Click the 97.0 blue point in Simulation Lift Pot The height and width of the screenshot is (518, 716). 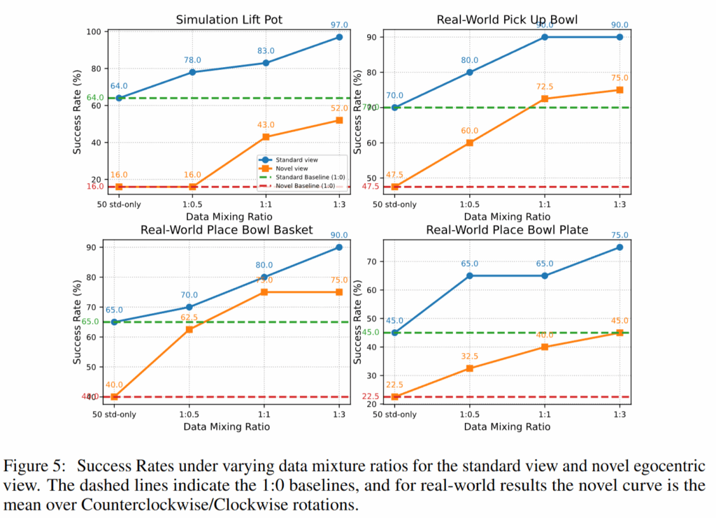coord(339,37)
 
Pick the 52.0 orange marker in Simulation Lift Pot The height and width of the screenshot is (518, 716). coord(339,120)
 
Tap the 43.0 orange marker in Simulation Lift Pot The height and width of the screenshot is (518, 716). coord(266,137)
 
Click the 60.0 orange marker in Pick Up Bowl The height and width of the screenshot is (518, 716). coord(470,143)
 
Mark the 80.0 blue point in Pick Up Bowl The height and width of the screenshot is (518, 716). coord(470,72)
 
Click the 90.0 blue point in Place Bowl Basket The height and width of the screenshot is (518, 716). coord(339,247)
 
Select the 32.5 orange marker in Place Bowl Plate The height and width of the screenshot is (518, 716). coord(470,368)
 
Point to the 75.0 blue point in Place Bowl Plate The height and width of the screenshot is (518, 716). coord(620,247)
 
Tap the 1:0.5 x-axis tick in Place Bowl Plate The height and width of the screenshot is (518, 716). coord(470,415)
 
